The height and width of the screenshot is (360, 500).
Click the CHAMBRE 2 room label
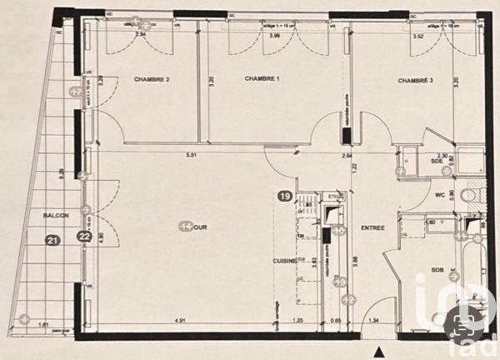pyautogui.click(x=152, y=80)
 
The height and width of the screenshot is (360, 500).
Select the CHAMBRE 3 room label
pyautogui.click(x=415, y=80)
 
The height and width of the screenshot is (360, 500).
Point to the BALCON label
pyautogui.click(x=55, y=216)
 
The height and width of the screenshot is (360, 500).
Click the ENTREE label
pyautogui.click(x=372, y=227)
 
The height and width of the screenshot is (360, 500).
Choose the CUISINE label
pyautogui.click(x=285, y=261)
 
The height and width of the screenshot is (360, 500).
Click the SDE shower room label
pyautogui.click(x=435, y=162)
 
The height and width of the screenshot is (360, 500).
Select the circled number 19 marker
pyautogui.click(x=285, y=197)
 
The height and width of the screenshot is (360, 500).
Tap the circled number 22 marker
pyautogui.click(x=84, y=237)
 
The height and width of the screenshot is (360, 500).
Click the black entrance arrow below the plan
pyautogui.click(x=380, y=351)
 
